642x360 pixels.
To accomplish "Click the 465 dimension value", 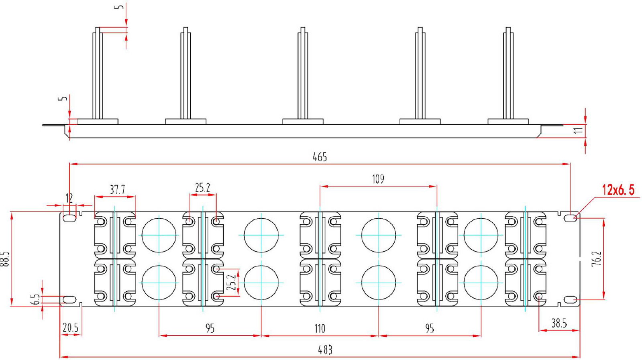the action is click(320, 157).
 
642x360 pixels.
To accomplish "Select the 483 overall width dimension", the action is click(325, 350).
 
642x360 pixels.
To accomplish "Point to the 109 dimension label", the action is click(378, 179).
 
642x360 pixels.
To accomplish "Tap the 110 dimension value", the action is click(320, 328).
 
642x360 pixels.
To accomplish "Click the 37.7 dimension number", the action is click(118, 189).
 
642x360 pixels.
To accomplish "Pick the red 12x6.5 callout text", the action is click(618, 190).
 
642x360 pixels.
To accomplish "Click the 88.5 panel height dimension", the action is click(5, 259).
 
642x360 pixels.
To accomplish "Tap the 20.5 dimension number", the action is click(71, 327).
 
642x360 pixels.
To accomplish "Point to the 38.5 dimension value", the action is click(559, 323).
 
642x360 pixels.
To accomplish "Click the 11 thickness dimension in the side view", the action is click(579, 130).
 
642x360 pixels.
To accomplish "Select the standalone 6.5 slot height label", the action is click(37, 299).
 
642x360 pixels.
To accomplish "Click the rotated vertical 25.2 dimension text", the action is click(231, 283).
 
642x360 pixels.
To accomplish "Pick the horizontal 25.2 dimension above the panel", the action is click(203, 187).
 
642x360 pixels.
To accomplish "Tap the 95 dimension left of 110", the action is click(210, 328).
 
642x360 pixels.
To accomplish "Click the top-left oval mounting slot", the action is click(69, 218).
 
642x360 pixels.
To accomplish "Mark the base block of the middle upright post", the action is click(303, 122).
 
